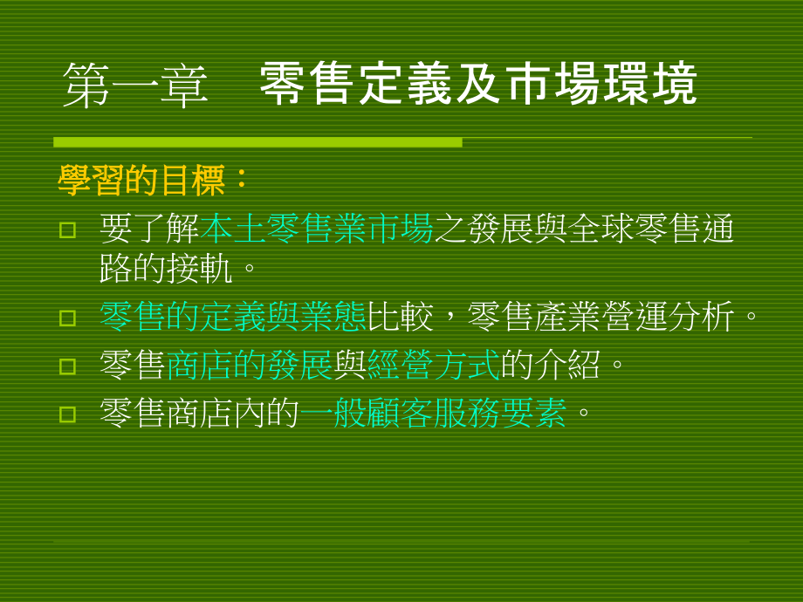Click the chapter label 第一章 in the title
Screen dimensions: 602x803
coord(135,86)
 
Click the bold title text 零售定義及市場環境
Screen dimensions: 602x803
coord(478,85)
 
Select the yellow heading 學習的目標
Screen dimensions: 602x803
coord(143,181)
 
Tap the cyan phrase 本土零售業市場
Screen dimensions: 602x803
coord(318,229)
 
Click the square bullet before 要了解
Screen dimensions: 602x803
coord(67,230)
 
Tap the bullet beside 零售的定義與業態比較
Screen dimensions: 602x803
coord(67,318)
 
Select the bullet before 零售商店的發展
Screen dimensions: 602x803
coord(67,366)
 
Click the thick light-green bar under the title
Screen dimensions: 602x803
coord(257,142)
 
